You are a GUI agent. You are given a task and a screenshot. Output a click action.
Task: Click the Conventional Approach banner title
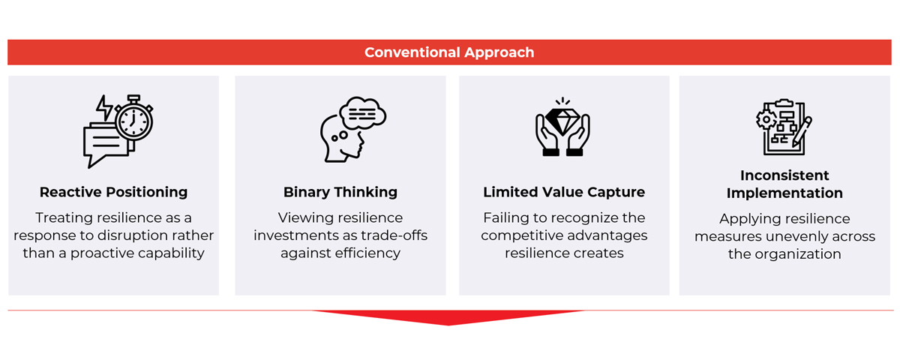point(449,52)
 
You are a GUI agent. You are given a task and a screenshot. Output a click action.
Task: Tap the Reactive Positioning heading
point(114,192)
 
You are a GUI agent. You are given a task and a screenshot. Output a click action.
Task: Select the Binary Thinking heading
point(340,192)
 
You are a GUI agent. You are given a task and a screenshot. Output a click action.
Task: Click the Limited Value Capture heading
point(564,192)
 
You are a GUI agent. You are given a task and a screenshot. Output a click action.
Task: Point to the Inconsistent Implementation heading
point(784,184)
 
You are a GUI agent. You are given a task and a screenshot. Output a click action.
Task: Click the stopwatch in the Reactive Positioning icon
point(134,118)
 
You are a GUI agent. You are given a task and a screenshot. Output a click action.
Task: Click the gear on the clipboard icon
point(766,119)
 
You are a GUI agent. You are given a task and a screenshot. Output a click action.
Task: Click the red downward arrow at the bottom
point(448,317)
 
